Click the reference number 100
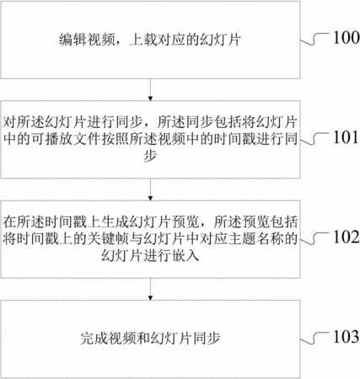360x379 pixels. click(x=347, y=37)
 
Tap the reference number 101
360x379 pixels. click(x=346, y=137)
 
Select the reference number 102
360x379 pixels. click(x=347, y=237)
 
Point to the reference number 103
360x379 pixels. click(x=347, y=336)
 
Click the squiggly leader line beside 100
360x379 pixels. click(x=314, y=40)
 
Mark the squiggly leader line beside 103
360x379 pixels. click(x=314, y=339)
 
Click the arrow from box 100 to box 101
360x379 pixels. click(x=150, y=89)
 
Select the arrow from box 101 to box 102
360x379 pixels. click(x=150, y=189)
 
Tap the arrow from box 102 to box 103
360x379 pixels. click(x=150, y=289)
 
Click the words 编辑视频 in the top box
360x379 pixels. click(x=87, y=40)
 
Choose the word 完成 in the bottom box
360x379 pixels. click(x=94, y=339)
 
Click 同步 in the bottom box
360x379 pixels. click(x=207, y=339)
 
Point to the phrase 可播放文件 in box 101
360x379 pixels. click(x=66, y=139)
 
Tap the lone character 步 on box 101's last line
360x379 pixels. click(x=150, y=155)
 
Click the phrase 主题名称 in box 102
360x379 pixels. click(x=255, y=238)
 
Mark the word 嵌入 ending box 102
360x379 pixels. click(x=185, y=255)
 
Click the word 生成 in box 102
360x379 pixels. click(x=115, y=222)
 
